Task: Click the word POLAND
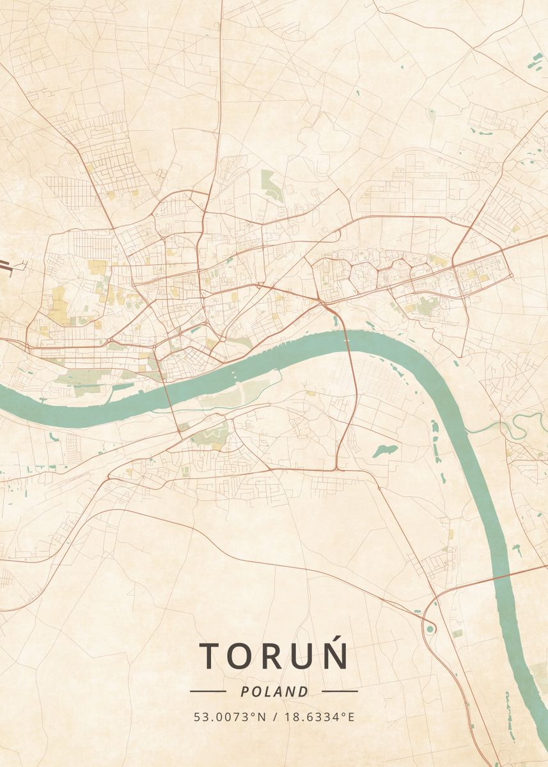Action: click(274, 692)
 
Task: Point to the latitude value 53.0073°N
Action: click(230, 717)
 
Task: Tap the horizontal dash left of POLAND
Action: click(208, 691)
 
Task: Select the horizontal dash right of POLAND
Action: click(340, 691)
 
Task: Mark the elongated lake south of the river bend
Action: click(385, 451)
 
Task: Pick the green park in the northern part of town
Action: click(272, 185)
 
